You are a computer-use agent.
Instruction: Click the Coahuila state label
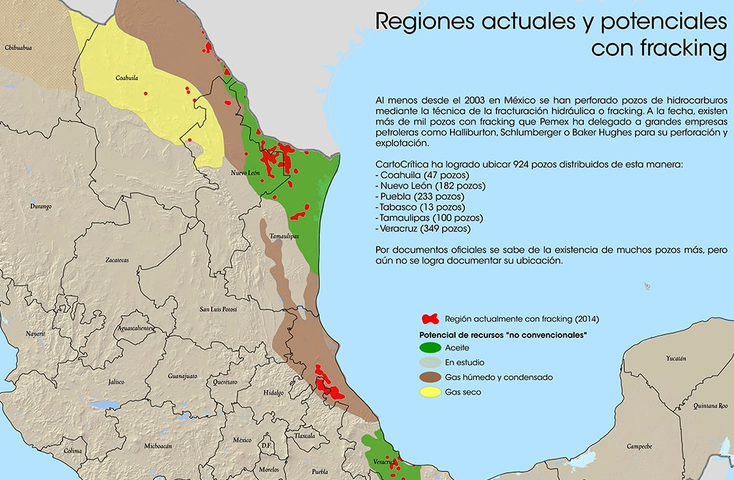pyautogui.click(x=126, y=78)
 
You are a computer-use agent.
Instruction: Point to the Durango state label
pyautogui.click(x=41, y=206)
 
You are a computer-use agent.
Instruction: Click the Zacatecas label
pyautogui.click(x=116, y=260)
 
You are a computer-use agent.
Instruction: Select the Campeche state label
pyautogui.click(x=639, y=446)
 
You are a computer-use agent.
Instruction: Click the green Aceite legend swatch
pyautogui.click(x=430, y=347)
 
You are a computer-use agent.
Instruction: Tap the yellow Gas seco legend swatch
pyautogui.click(x=430, y=392)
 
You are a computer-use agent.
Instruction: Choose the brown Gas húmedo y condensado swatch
pyautogui.click(x=430, y=377)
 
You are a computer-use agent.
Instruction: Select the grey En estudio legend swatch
pyautogui.click(x=430, y=363)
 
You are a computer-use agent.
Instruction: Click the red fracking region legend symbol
pyautogui.click(x=430, y=319)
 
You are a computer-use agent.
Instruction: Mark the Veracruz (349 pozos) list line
pyautogui.click(x=423, y=229)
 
